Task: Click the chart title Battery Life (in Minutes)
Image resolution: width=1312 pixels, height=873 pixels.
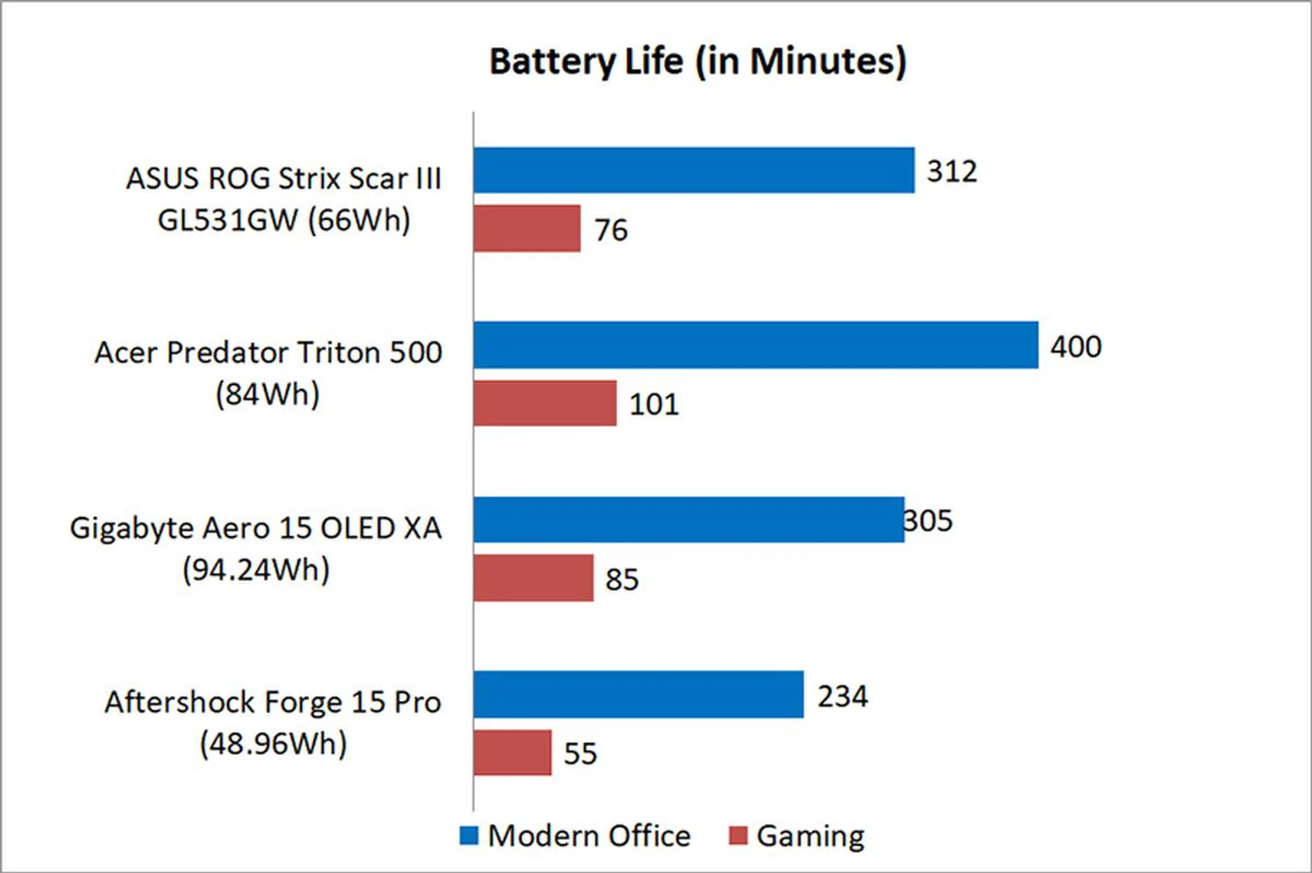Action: tap(698, 61)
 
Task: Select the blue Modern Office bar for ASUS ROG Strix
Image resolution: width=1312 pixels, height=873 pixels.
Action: tap(694, 170)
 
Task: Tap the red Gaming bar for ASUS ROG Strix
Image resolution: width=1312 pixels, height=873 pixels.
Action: tap(527, 228)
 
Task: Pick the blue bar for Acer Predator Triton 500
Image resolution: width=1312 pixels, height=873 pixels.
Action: tap(755, 345)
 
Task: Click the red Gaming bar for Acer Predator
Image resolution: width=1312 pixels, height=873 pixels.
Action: tap(545, 403)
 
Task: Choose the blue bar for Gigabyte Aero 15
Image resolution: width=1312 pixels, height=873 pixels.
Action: tap(688, 520)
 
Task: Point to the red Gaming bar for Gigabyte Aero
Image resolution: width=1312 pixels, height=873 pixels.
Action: tap(533, 578)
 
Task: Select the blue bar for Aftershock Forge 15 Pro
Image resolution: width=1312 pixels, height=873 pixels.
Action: tap(638, 695)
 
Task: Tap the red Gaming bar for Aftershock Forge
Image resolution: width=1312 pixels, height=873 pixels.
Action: tap(512, 753)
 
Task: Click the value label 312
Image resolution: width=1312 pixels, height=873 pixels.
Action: tap(951, 171)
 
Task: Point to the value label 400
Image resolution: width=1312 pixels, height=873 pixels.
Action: tap(1076, 346)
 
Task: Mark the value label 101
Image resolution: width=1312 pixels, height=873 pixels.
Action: tap(654, 404)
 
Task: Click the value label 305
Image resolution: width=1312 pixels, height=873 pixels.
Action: tap(928, 521)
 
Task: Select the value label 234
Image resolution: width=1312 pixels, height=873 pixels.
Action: tap(843, 696)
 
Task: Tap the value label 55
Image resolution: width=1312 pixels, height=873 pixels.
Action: tap(580, 753)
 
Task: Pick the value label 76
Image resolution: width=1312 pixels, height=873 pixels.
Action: tap(611, 230)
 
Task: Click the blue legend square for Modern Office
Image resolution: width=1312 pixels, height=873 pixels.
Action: tap(469, 835)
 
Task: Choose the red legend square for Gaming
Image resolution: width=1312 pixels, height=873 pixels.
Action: tap(738, 835)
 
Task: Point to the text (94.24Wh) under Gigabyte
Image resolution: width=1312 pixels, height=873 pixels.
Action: tap(256, 570)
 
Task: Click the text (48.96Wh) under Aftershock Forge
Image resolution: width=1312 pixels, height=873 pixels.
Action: tap(273, 744)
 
